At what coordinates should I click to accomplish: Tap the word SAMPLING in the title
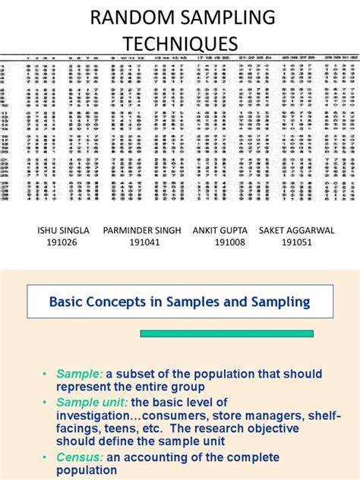coord(220,18)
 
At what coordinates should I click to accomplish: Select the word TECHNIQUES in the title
coord(180,43)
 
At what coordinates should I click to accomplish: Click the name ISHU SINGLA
coord(64,230)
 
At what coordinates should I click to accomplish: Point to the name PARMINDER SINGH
coord(142,230)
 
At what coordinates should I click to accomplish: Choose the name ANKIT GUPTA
coord(220,230)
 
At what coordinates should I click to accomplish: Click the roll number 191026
coord(64,243)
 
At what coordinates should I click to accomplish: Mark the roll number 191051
coord(296,243)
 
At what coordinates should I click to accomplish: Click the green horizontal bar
coord(226,333)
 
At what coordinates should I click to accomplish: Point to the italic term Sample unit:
coord(87,402)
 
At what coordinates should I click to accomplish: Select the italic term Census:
coord(79,457)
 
